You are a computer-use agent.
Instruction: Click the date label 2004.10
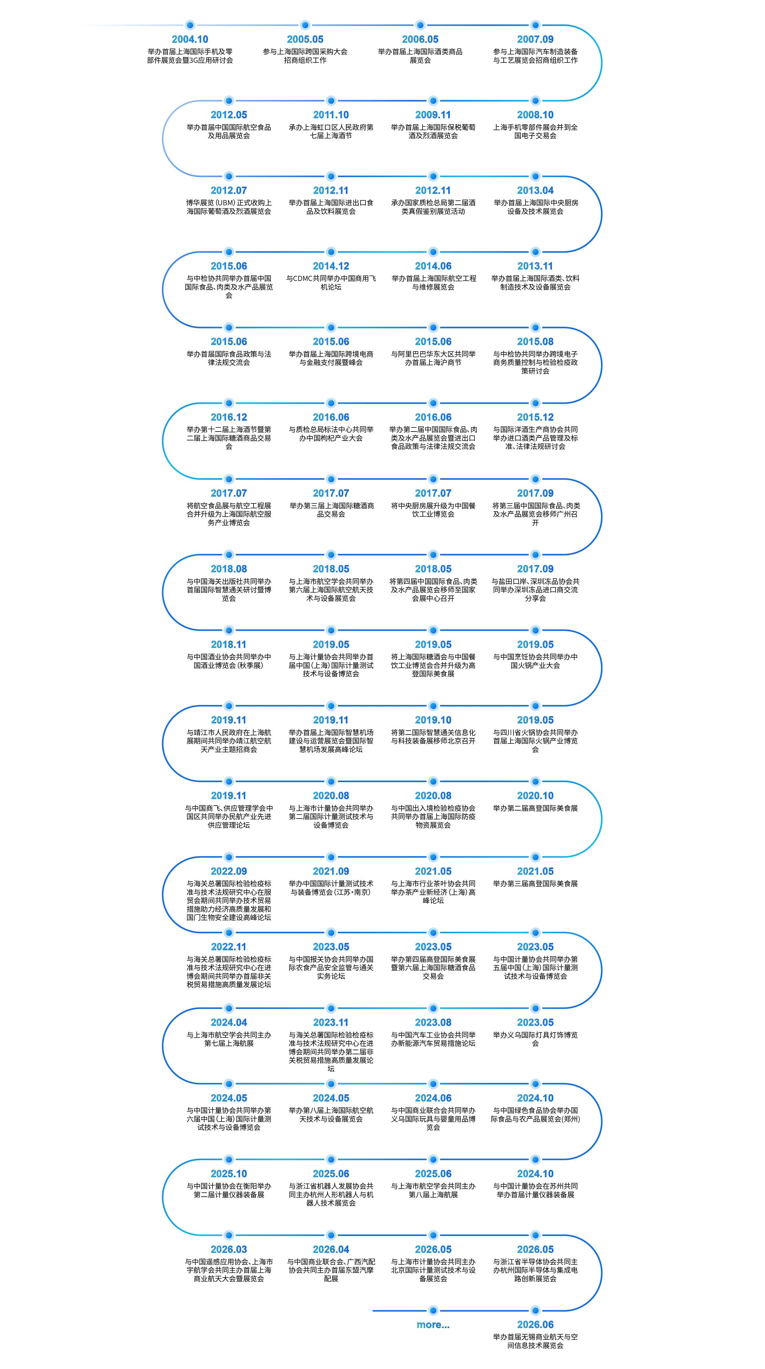190,39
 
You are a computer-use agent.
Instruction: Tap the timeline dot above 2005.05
305,25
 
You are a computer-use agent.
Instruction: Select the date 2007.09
535,39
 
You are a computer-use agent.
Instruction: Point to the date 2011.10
331,115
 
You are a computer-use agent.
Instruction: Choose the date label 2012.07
229,190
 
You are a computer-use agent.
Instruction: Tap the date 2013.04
535,190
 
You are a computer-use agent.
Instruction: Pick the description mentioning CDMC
331,283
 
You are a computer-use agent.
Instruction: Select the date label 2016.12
229,417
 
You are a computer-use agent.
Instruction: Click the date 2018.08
229,569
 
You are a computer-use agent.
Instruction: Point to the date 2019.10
433,720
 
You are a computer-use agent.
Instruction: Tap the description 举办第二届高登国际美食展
535,808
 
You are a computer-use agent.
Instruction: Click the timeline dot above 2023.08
433,1008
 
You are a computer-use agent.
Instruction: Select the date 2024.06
433,1098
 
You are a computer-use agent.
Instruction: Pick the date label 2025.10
229,1173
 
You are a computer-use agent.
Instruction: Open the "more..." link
433,1325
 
